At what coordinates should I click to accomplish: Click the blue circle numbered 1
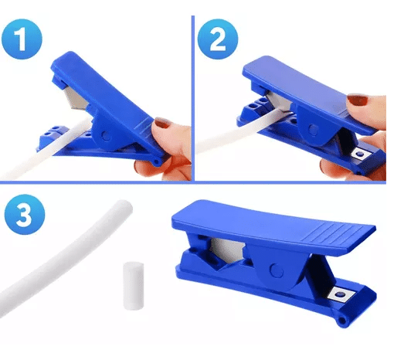point(22,39)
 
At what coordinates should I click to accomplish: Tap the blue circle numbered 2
point(218,39)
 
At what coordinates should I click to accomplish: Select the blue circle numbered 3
point(25,214)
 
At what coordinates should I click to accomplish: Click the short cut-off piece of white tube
point(134,286)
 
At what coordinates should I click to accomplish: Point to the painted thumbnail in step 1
point(162,123)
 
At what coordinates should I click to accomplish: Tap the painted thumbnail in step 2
point(357,100)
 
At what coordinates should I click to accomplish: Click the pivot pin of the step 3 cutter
point(277,271)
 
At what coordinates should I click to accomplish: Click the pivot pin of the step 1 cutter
point(106,136)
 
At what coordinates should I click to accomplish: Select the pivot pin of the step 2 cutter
point(313,129)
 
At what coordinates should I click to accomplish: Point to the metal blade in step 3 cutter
point(227,249)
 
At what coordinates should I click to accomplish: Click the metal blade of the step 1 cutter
point(76,98)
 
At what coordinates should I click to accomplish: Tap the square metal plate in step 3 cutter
point(341,294)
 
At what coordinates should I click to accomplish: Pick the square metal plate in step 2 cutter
point(361,155)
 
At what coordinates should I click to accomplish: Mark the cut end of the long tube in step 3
point(124,205)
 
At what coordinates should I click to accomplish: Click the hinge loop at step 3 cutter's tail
point(341,321)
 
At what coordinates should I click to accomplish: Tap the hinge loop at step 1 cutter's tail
point(157,162)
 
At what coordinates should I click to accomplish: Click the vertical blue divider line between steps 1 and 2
point(193,98)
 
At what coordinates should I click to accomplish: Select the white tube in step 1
point(46,149)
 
